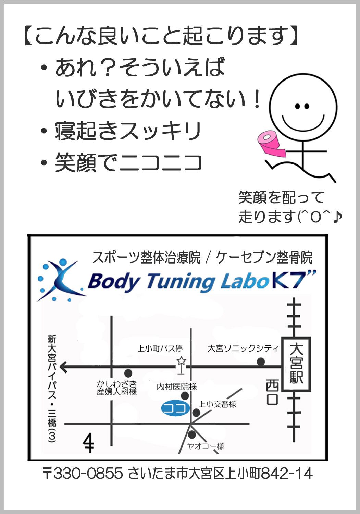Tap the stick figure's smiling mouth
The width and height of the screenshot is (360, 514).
tap(302, 121)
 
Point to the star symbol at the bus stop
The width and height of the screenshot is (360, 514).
tap(181, 361)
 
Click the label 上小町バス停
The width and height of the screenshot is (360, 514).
tap(160, 348)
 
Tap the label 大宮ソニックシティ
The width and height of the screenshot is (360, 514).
tap(243, 348)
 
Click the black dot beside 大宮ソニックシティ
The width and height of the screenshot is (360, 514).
tap(261, 362)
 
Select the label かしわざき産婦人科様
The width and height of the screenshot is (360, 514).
tap(116, 388)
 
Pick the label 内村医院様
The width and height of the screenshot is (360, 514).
tap(177, 387)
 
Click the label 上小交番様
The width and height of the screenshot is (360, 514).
tap(218, 404)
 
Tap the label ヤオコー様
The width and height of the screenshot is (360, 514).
tap(206, 446)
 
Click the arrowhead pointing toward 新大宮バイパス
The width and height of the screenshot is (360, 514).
tap(64, 367)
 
